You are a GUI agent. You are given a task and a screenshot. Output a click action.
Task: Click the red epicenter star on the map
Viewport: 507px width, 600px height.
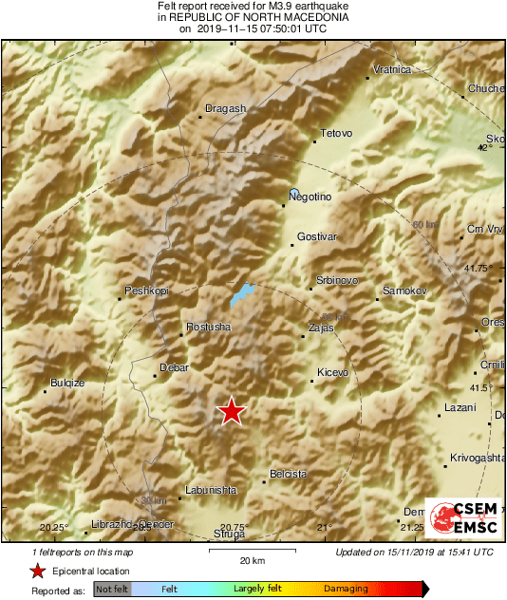click(x=231, y=411)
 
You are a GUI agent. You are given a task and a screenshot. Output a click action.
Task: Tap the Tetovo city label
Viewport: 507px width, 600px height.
click(x=337, y=133)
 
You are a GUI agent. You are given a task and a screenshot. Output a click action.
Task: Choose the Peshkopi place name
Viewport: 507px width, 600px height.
click(x=145, y=291)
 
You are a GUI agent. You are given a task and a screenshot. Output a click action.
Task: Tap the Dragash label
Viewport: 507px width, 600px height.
click(x=225, y=108)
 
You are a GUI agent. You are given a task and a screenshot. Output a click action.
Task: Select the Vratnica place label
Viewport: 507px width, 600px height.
click(x=391, y=69)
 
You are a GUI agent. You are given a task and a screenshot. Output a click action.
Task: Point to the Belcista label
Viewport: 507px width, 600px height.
click(x=289, y=473)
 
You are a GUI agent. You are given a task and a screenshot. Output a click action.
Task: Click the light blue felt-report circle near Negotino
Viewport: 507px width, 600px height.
click(x=294, y=192)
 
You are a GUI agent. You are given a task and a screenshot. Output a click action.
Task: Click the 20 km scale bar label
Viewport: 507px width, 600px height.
click(x=252, y=560)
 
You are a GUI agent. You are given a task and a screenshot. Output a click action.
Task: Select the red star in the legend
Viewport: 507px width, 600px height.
click(x=37, y=571)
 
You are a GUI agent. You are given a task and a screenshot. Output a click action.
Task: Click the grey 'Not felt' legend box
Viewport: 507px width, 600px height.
click(x=111, y=590)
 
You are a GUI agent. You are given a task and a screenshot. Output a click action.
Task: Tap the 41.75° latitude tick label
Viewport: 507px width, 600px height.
click(x=477, y=269)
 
